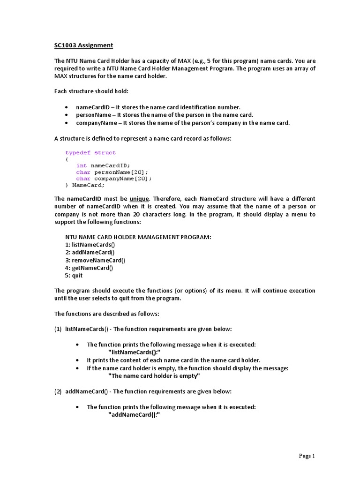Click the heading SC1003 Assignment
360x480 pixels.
pyautogui.click(x=83, y=45)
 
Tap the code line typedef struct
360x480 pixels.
pyautogui.click(x=90, y=153)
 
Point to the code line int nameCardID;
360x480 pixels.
pyautogui.click(x=103, y=165)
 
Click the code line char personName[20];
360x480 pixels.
pyautogui.click(x=112, y=172)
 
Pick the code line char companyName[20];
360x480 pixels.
pyautogui.click(x=114, y=179)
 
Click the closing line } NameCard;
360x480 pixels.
pyautogui.click(x=85, y=185)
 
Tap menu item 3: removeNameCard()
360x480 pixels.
pyautogui.click(x=95, y=260)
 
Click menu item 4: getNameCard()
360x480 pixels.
pyautogui.click(x=89, y=268)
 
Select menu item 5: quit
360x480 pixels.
pyautogui.click(x=74, y=276)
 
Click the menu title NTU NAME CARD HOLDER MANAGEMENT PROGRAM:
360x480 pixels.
pyautogui.click(x=138, y=238)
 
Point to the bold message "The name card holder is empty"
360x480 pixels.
pyautogui.click(x=154, y=376)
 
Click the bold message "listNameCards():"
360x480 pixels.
pyautogui.click(x=137, y=352)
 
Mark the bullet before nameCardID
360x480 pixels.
pyautogui.click(x=68, y=108)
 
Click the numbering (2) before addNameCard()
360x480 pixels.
pyautogui.click(x=58, y=391)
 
